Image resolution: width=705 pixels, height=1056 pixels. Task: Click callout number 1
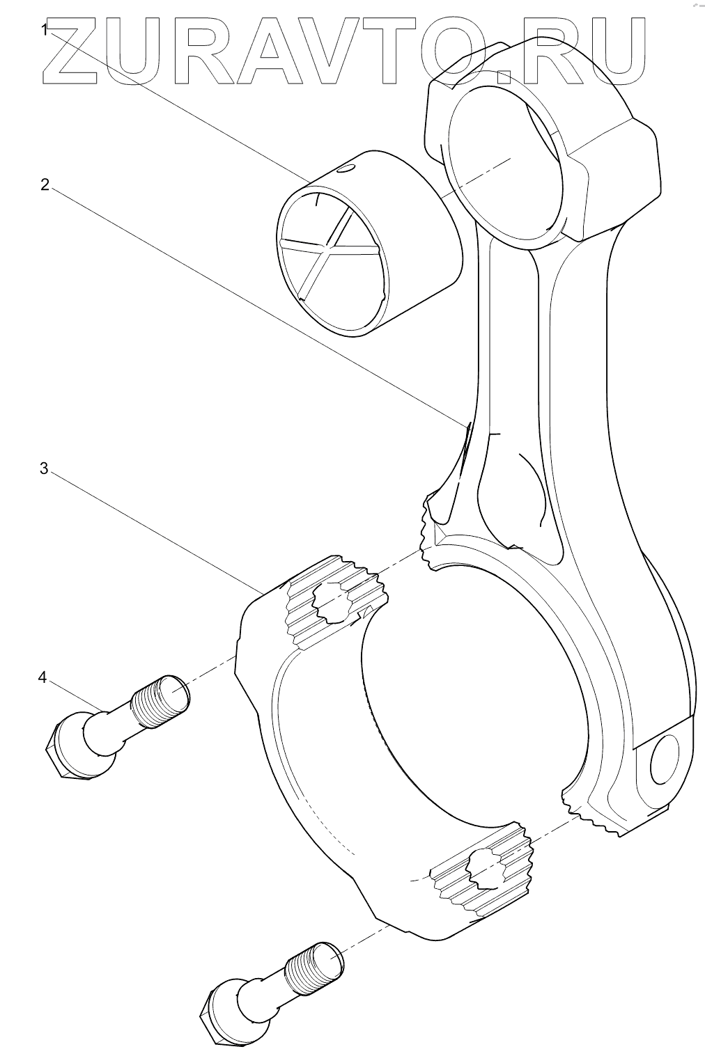pyautogui.click(x=45, y=30)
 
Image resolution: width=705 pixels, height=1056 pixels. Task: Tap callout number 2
pyautogui.click(x=45, y=184)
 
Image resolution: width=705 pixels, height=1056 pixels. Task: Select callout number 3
pyautogui.click(x=44, y=468)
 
